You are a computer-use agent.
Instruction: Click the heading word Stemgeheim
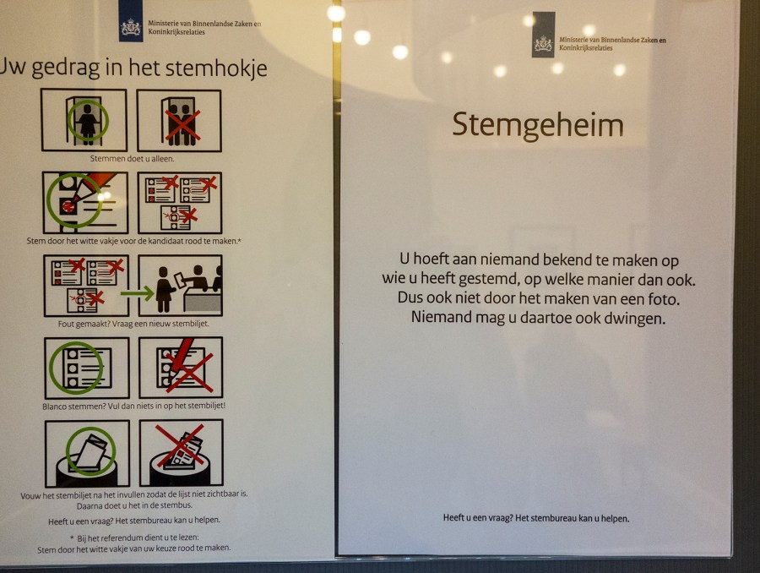pyautogui.click(x=538, y=126)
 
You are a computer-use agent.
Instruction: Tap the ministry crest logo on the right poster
pyautogui.click(x=543, y=35)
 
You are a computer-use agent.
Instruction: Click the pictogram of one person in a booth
pyautogui.click(x=84, y=120)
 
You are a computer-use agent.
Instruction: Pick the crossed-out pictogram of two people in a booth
pyautogui.click(x=179, y=121)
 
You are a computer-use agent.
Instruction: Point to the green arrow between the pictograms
pyautogui.click(x=137, y=293)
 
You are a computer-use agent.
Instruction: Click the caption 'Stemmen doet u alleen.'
pyautogui.click(x=132, y=159)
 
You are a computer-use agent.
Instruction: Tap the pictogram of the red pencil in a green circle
pyautogui.click(x=85, y=203)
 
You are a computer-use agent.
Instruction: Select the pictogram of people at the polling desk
pyautogui.click(x=181, y=286)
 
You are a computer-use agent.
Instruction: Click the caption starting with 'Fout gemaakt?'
pyautogui.click(x=133, y=324)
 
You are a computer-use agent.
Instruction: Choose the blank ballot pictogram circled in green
pyautogui.click(x=87, y=368)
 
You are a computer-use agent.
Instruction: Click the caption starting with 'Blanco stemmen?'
pyautogui.click(x=133, y=407)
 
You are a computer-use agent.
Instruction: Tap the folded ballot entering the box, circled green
pyautogui.click(x=87, y=454)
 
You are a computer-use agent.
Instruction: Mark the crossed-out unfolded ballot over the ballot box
pyautogui.click(x=182, y=453)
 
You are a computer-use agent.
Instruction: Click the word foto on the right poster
pyautogui.click(x=664, y=299)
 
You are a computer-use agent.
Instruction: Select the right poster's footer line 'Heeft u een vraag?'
pyautogui.click(x=536, y=518)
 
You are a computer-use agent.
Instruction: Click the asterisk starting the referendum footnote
pyautogui.click(x=73, y=538)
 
